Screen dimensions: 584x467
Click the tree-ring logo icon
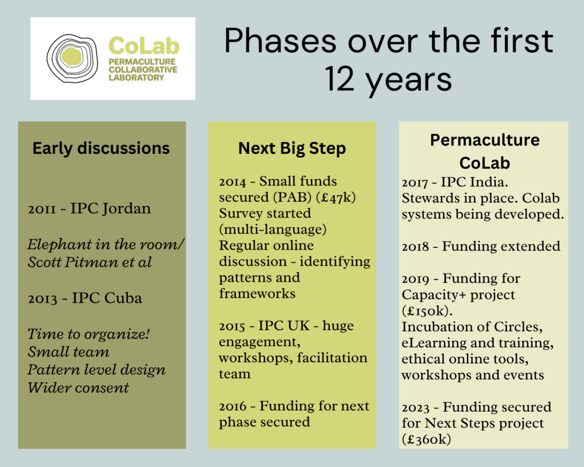(72, 59)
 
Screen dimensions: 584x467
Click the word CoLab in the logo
(144, 46)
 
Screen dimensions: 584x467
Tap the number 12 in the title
(339, 79)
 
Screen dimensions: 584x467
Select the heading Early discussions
(101, 148)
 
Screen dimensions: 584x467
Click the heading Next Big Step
(292, 148)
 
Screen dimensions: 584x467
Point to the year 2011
(42, 209)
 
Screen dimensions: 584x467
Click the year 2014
(233, 182)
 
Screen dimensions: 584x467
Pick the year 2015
(232, 326)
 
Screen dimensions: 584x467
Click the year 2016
(233, 407)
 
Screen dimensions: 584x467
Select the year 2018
(415, 246)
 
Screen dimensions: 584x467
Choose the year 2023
(416, 408)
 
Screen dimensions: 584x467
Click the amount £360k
(427, 440)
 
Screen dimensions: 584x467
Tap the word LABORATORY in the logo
(136, 78)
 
